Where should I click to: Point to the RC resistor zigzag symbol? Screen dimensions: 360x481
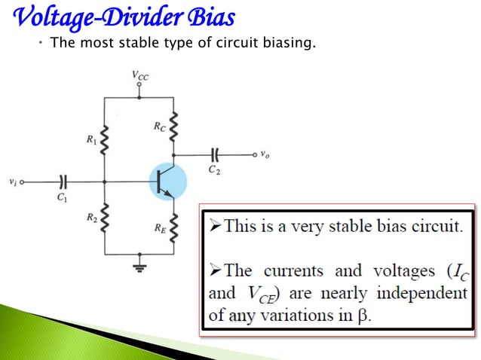pos(175,128)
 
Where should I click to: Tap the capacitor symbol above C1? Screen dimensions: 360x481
pos(63,182)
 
